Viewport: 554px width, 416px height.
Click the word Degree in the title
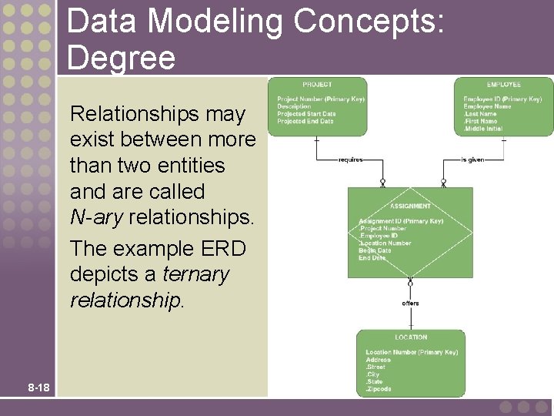coord(121,58)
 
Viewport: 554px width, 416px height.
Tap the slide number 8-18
coord(38,387)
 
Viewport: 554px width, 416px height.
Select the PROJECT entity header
coord(317,84)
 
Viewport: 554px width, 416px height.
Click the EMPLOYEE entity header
coord(504,84)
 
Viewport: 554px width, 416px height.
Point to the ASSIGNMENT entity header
coord(410,206)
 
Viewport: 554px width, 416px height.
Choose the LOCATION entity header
coord(411,337)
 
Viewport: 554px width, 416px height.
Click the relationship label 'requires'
coord(351,159)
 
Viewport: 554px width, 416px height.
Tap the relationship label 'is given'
coord(472,159)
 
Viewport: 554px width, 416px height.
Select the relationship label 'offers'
coord(411,303)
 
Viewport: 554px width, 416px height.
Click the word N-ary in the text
coord(96,217)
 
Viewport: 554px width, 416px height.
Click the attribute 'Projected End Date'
coord(305,121)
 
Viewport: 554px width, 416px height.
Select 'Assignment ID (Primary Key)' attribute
coord(402,221)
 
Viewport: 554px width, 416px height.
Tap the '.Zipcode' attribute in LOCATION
coord(379,389)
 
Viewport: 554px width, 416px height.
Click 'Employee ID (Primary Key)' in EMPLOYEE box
coord(502,99)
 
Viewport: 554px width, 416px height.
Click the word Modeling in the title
coord(215,23)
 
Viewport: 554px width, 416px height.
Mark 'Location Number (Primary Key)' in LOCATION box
coord(412,352)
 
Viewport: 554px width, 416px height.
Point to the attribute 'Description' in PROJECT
coord(294,106)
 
